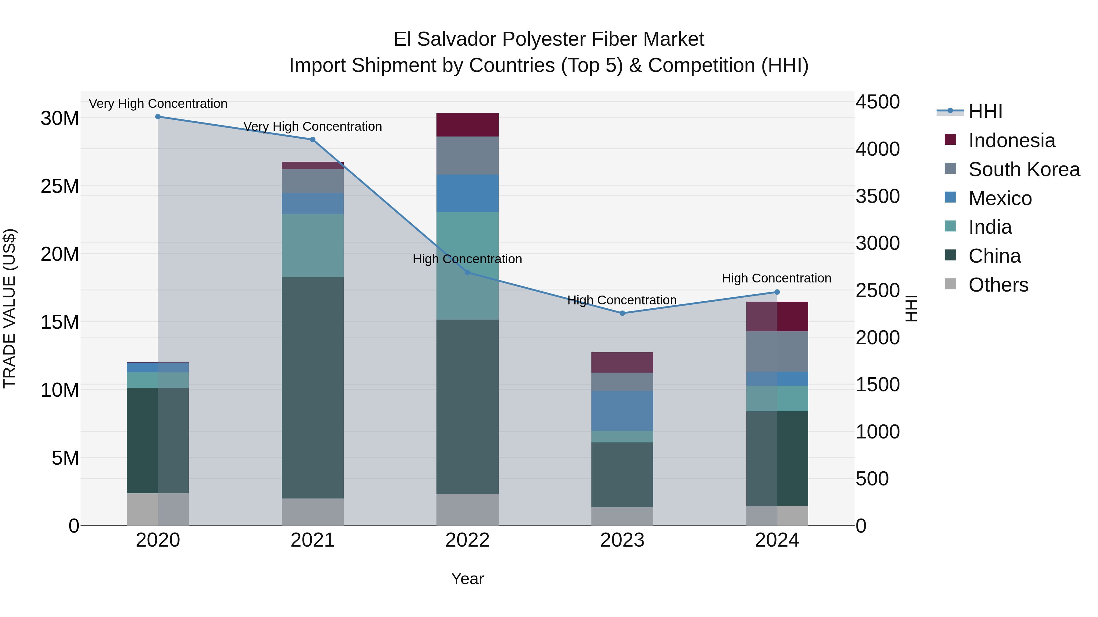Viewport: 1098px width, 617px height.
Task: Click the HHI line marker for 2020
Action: click(158, 117)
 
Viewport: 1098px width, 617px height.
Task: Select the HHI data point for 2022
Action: click(467, 272)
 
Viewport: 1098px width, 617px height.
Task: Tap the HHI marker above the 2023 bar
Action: click(622, 314)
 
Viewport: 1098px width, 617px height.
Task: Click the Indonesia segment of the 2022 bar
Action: click(467, 125)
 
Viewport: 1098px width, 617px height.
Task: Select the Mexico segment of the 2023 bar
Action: click(622, 411)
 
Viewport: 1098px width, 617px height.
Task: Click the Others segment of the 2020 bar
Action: click(158, 509)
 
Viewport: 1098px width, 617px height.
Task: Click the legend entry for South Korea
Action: click(1024, 169)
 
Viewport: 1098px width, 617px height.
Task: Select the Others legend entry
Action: click(998, 285)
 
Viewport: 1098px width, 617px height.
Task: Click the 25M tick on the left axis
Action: click(60, 186)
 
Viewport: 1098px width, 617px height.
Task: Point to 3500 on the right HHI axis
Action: click(877, 196)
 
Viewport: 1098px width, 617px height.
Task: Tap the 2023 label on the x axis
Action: click(622, 540)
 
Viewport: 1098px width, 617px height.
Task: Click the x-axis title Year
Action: click(467, 579)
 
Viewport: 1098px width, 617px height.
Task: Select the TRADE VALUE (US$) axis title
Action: click(9, 308)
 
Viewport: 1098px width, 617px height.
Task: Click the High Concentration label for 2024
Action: click(776, 278)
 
